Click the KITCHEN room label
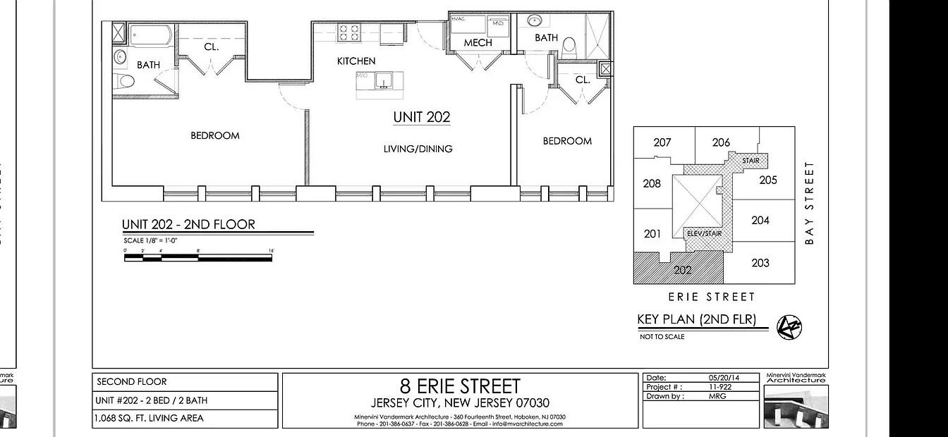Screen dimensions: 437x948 (356, 61)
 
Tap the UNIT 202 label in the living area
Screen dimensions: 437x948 (422, 118)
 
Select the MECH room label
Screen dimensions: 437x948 (478, 43)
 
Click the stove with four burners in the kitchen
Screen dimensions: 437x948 (348, 32)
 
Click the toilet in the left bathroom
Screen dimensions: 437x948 (126, 80)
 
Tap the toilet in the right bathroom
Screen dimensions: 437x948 (569, 47)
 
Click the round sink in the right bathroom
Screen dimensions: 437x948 (535, 20)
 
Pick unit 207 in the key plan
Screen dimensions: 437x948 (662, 142)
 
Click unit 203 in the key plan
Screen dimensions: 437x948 (760, 263)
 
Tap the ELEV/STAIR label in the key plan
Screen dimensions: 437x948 (704, 233)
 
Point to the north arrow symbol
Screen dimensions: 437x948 (789, 326)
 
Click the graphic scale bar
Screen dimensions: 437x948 (198, 258)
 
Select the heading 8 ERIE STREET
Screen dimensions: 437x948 (460, 386)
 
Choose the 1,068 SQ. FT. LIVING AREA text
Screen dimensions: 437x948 (149, 419)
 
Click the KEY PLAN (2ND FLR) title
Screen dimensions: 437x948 (696, 319)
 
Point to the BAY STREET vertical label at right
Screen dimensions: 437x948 (809, 203)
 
